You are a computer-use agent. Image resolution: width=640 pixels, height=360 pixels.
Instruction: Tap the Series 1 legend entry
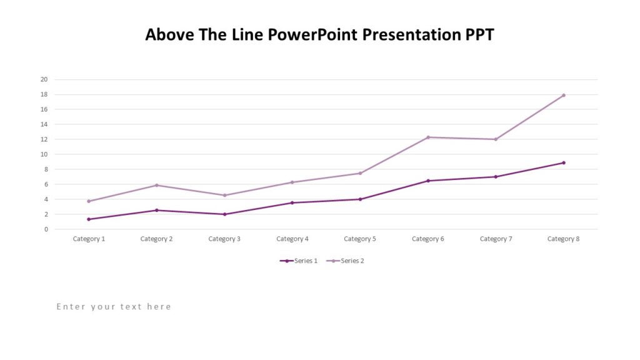pyautogui.click(x=299, y=261)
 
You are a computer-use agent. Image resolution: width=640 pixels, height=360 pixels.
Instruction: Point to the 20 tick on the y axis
pyautogui.click(x=44, y=79)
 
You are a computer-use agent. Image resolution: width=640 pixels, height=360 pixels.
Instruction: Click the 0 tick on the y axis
pyautogui.click(x=46, y=229)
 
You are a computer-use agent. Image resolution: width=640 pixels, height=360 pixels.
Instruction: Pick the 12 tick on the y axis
pyautogui.click(x=44, y=139)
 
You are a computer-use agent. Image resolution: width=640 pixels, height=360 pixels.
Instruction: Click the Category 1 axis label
pyautogui.click(x=89, y=239)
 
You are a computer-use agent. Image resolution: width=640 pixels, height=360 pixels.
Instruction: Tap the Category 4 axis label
pyautogui.click(x=292, y=239)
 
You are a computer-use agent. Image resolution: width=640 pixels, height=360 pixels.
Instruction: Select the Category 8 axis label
pyautogui.click(x=563, y=239)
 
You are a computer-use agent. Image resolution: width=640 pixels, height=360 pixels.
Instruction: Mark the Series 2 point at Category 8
pyautogui.click(x=563, y=95)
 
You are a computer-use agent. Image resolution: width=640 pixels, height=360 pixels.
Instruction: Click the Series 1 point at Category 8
pyautogui.click(x=563, y=162)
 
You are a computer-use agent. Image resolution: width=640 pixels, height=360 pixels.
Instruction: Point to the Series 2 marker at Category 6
pyautogui.click(x=428, y=137)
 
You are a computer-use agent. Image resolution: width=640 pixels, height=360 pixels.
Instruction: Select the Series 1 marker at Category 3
pyautogui.click(x=224, y=214)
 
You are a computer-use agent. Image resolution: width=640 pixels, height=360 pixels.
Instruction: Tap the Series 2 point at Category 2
pyautogui.click(x=157, y=185)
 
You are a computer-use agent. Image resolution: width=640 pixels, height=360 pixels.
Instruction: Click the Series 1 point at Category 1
pyautogui.click(x=89, y=219)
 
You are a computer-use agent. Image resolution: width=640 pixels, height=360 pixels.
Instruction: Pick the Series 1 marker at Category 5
pyautogui.click(x=360, y=199)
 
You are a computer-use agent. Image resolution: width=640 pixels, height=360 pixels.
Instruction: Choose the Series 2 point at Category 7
pyautogui.click(x=496, y=139)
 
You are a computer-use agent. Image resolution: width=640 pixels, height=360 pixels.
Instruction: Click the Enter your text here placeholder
pyautogui.click(x=114, y=306)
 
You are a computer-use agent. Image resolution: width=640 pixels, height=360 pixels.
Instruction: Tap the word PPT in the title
pyautogui.click(x=478, y=34)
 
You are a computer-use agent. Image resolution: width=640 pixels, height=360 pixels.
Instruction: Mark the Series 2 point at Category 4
pyautogui.click(x=292, y=182)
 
